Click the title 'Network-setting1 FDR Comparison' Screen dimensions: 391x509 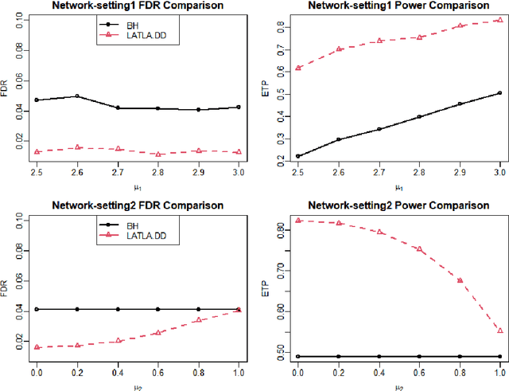coord(137,6)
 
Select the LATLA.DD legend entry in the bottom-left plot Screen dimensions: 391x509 coord(137,237)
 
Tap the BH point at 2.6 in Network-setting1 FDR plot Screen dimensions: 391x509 coord(77,96)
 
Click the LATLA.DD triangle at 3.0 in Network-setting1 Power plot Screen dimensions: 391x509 coord(499,20)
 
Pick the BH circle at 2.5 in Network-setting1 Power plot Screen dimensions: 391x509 coord(297,157)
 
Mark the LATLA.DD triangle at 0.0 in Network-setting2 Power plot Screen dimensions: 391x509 coord(297,221)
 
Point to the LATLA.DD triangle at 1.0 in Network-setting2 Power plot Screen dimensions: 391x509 coord(499,330)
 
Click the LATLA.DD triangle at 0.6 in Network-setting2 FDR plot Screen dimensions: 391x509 coord(158,332)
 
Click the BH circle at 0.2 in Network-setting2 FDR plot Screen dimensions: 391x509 coord(77,309)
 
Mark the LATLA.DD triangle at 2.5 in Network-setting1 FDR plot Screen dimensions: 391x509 coord(37,151)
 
